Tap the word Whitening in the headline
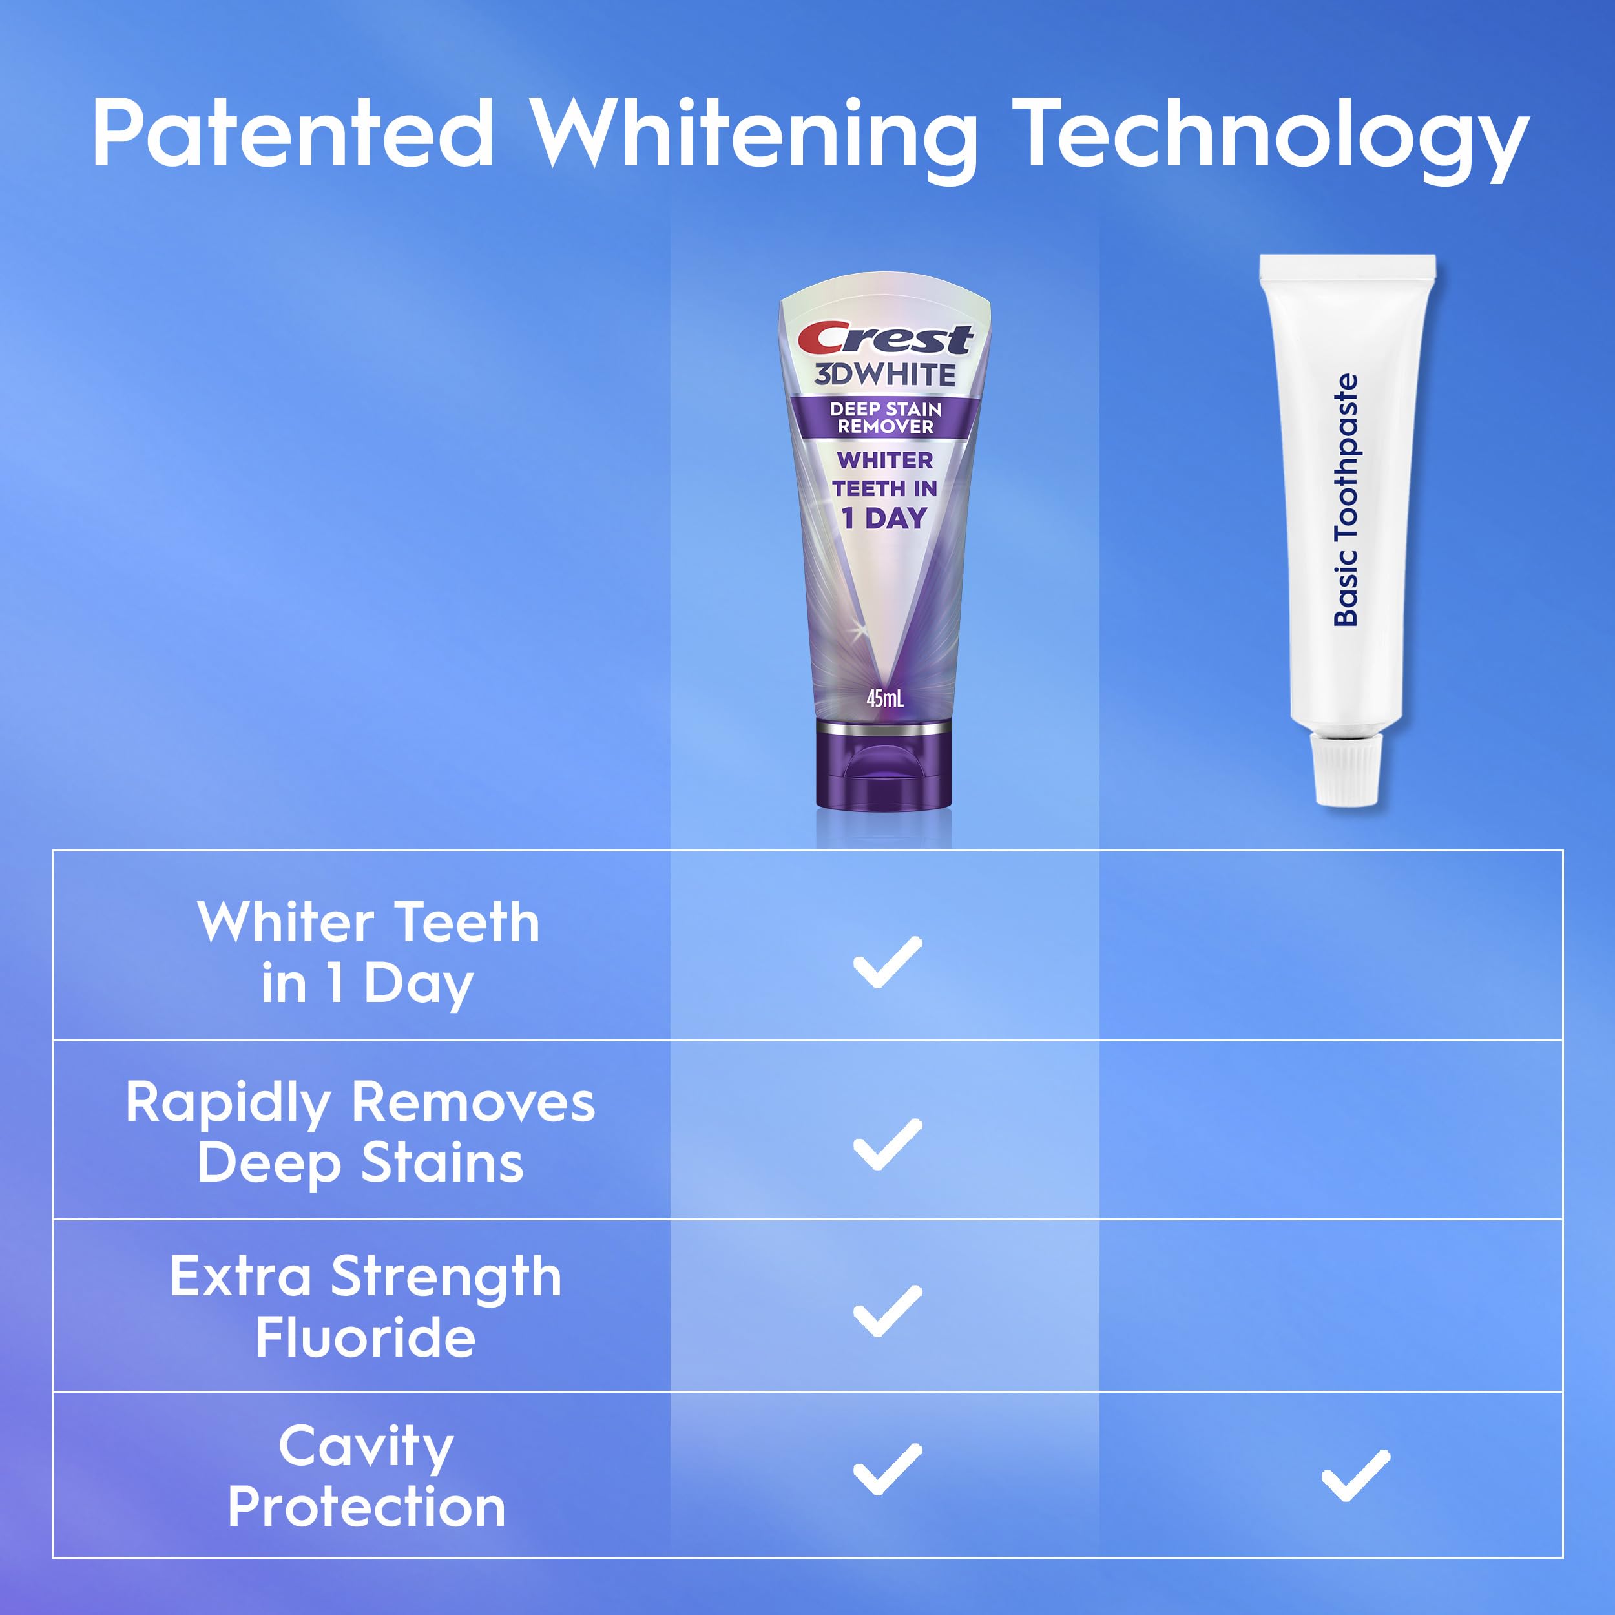754,139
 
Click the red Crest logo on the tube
885,339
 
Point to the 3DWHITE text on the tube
885,375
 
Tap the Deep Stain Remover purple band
885,418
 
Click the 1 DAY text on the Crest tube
884,518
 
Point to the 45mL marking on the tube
884,698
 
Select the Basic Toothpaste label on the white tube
1346,500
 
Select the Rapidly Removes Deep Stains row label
360,1132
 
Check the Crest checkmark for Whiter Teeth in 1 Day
887,962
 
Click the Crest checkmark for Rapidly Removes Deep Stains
887,1143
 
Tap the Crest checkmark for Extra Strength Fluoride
887,1311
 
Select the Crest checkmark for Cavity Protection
887,1469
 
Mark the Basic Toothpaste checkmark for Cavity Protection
1355,1475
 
